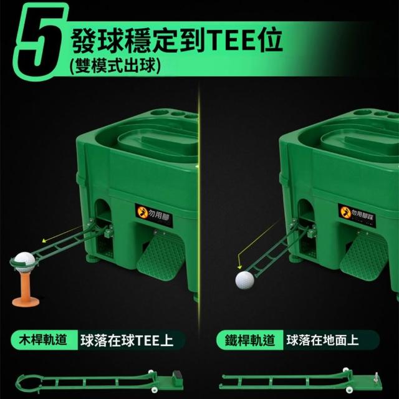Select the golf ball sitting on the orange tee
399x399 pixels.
[24, 261]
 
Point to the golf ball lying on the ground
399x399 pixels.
[244, 280]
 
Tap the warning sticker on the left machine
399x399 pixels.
[154, 216]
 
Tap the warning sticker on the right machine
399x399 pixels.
[357, 215]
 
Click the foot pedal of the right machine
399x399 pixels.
[365, 257]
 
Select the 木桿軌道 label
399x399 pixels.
[43, 340]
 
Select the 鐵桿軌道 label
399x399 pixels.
[250, 340]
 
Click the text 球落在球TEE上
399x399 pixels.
[127, 340]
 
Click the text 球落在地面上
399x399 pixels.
[322, 340]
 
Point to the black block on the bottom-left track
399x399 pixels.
[177, 376]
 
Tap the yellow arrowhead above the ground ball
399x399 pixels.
[239, 267]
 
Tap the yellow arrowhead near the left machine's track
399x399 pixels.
[44, 240]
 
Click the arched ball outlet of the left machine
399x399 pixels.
[102, 209]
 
